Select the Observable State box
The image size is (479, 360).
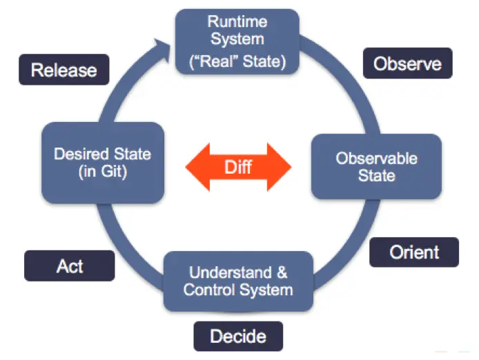376,167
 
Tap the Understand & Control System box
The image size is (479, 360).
238,280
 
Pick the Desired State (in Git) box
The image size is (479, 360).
101,163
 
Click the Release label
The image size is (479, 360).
64,70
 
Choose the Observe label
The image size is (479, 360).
407,63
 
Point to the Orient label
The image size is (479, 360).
414,252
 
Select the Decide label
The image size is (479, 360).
238,337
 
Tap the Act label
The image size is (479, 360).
70,266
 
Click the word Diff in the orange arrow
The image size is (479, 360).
238,166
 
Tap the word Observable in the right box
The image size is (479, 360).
377,158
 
